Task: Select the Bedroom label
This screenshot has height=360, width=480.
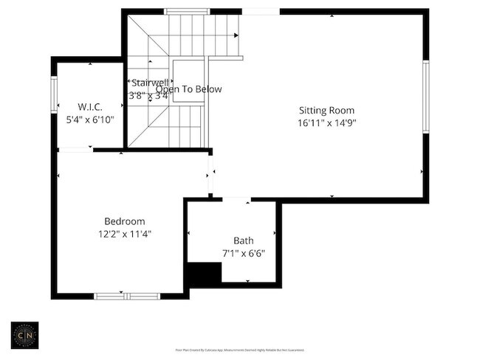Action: pos(124,221)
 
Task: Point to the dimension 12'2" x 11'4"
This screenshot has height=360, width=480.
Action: pos(124,234)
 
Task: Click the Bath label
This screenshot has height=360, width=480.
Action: pos(244,240)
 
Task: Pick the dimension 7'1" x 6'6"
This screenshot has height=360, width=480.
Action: pos(244,253)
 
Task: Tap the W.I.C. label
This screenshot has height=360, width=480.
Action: pos(90,106)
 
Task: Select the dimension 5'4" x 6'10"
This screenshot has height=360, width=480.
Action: pos(90,119)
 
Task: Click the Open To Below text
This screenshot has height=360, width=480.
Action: pos(188,89)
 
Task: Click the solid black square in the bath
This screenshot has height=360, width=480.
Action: pos(203,274)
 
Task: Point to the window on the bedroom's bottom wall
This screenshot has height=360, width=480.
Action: pos(127,297)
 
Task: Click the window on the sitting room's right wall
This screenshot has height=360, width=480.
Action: pos(425,97)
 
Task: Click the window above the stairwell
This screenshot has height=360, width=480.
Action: pos(185,11)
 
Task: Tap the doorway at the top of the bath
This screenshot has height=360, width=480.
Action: pos(236,199)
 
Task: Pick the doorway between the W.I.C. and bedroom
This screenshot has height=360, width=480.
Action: pos(75,150)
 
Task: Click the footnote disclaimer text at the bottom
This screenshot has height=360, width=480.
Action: pos(239,350)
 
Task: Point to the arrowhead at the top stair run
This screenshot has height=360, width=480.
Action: pos(236,35)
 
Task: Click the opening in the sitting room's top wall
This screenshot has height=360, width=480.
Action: pos(261,11)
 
